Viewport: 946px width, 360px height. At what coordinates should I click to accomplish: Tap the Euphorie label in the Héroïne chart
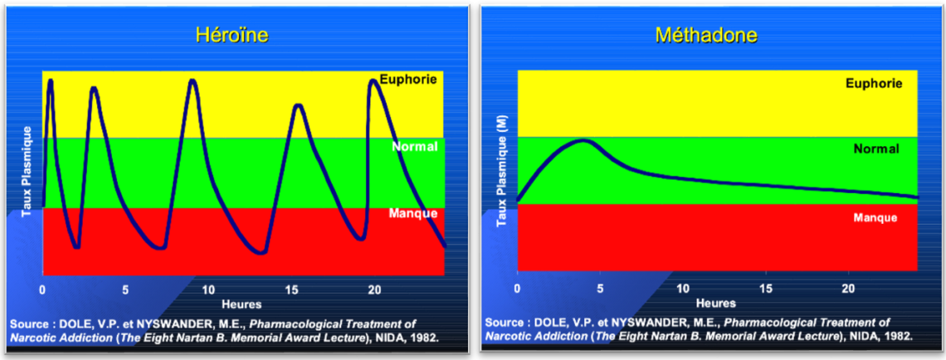pos(408,80)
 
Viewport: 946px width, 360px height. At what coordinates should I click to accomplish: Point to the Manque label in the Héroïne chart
pos(412,213)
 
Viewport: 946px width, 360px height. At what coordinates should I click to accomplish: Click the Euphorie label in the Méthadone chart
pos(874,83)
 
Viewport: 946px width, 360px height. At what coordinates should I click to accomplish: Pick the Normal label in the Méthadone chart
pos(875,149)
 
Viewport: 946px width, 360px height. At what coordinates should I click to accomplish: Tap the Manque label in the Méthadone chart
pos(875,217)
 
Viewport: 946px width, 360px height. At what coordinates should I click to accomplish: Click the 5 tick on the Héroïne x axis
pos(125,290)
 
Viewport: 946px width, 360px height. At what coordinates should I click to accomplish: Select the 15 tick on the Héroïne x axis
pos(291,290)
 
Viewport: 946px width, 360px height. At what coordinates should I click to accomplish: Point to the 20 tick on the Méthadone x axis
pos(848,288)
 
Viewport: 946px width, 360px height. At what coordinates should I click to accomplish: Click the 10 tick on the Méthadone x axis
pos(682,288)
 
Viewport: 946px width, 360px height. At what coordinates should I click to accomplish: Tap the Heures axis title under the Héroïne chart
pos(241,304)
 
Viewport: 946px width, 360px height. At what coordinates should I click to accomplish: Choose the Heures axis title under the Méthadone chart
pos(716,303)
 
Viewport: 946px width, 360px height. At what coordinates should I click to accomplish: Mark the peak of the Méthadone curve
pos(583,141)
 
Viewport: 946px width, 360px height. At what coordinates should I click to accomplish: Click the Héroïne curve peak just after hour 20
pos(374,81)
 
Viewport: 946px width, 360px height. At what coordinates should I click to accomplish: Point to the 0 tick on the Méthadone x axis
pos(517,288)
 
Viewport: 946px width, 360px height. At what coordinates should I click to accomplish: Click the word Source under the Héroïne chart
pos(30,323)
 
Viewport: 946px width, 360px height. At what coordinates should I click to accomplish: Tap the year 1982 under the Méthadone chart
pos(898,336)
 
